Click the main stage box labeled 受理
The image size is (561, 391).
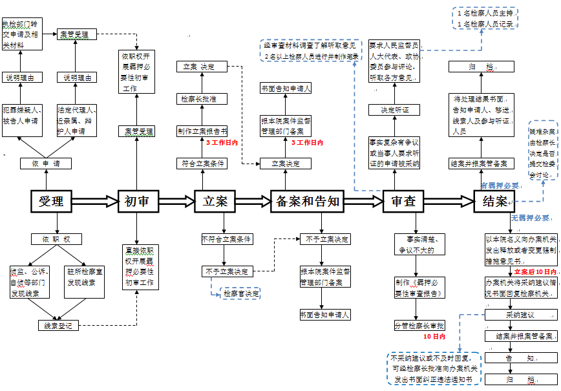51,202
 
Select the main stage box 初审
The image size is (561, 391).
137,202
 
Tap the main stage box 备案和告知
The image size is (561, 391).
306,202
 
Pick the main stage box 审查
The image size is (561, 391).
404,202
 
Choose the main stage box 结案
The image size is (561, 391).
495,202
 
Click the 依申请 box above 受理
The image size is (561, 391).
46,164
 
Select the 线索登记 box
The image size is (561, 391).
58,325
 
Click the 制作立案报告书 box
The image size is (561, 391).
202,131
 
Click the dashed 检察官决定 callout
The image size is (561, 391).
241,293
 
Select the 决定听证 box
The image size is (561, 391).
395,109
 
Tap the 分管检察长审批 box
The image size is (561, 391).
419,325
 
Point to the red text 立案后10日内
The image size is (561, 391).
535,272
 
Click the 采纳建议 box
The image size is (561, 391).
519,315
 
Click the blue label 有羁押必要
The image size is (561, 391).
501,185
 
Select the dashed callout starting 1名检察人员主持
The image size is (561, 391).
485,19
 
